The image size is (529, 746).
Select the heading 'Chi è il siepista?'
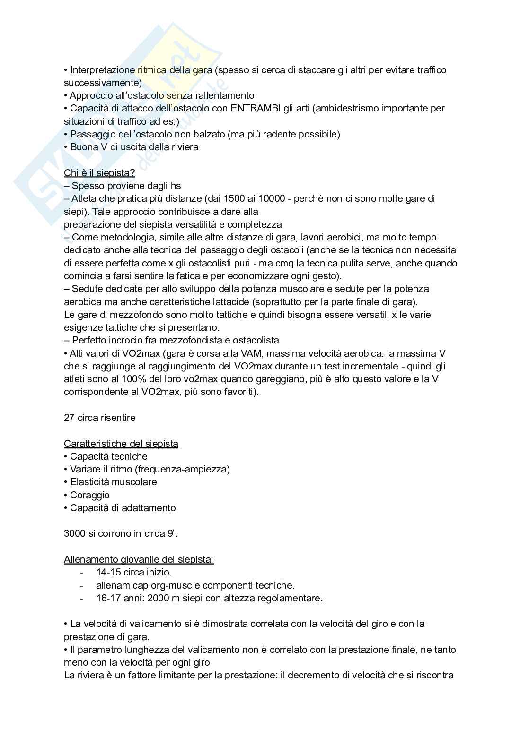(x=99, y=173)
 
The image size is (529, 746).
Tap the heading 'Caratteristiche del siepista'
(x=121, y=444)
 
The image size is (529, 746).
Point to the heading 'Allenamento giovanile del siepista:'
(x=139, y=560)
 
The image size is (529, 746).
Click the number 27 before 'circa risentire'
(x=69, y=418)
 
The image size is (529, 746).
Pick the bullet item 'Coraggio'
(x=89, y=495)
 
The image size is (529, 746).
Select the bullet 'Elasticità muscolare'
(x=113, y=482)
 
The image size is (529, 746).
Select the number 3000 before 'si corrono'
(x=75, y=533)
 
